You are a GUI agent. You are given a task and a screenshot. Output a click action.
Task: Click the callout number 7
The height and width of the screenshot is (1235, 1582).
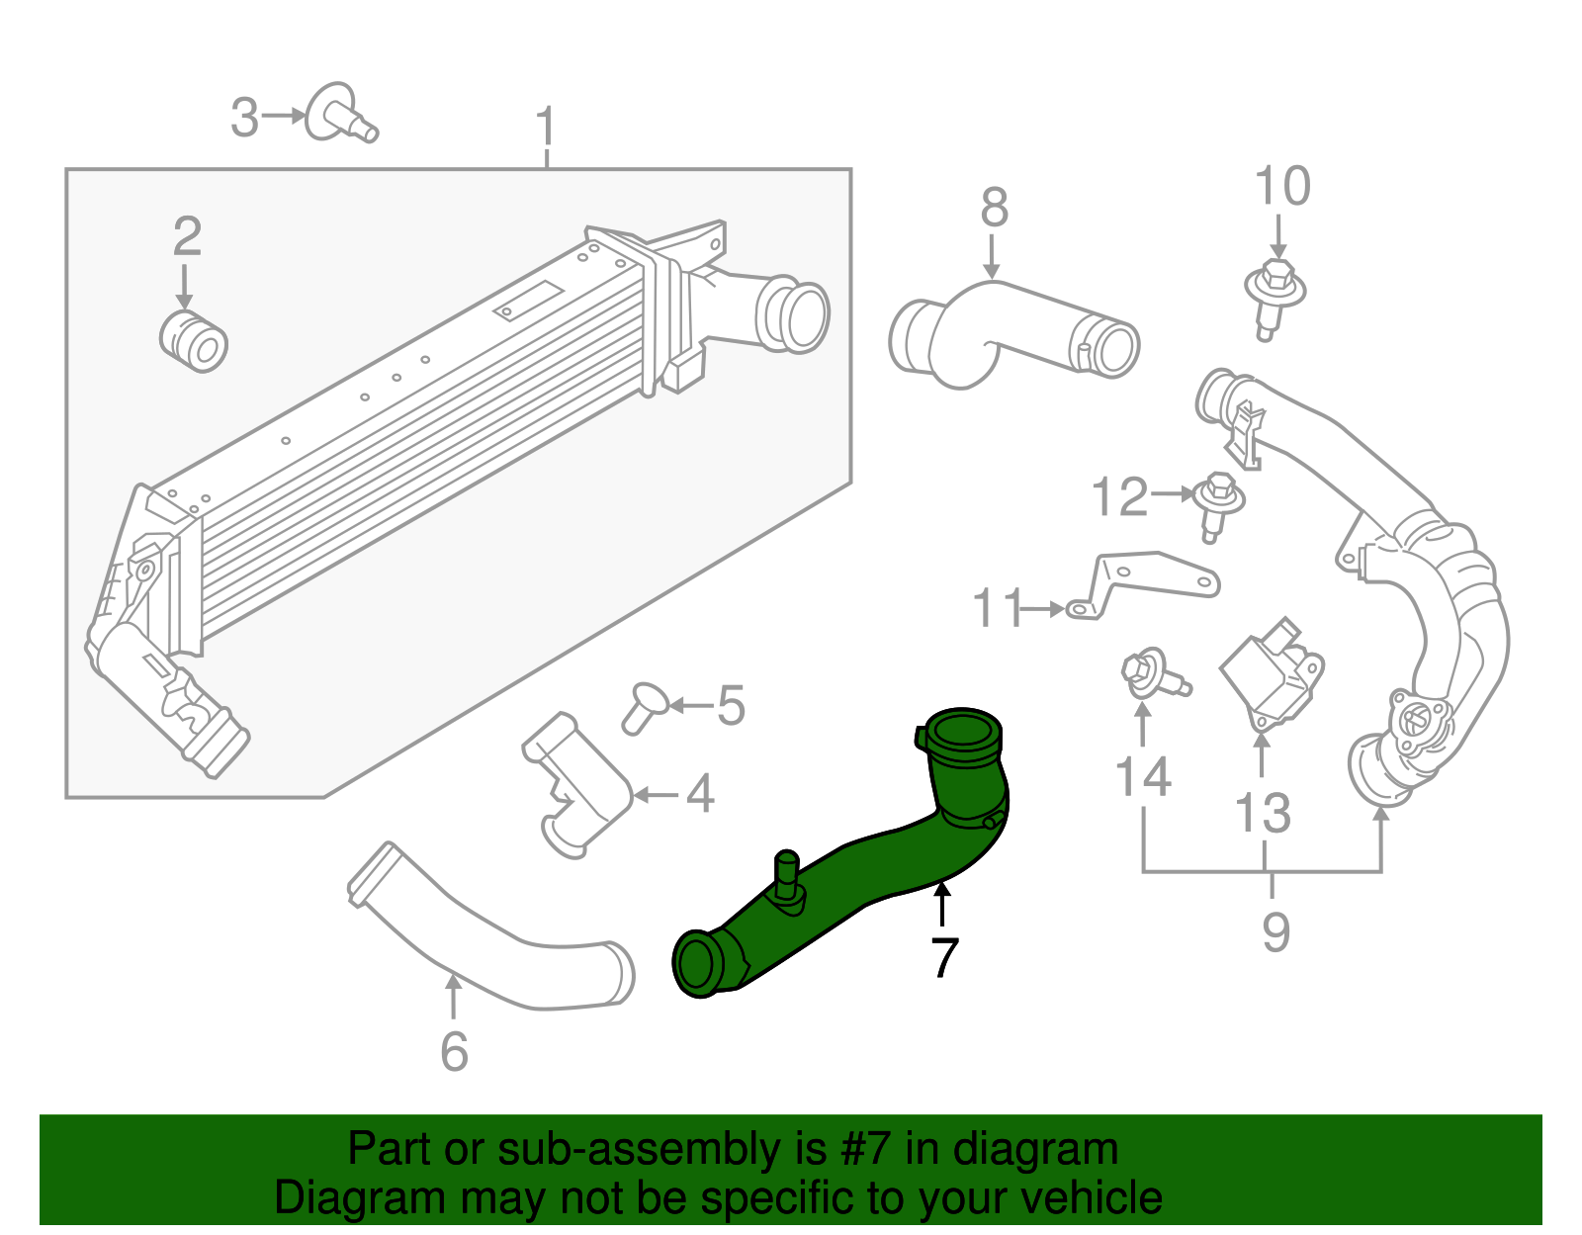(944, 957)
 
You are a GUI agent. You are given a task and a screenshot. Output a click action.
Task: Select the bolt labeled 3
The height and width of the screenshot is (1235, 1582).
(341, 115)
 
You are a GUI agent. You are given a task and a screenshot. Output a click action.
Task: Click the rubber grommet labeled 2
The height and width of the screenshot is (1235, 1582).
(194, 341)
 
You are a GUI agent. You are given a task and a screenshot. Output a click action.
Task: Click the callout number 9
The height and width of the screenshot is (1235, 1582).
(1275, 931)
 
